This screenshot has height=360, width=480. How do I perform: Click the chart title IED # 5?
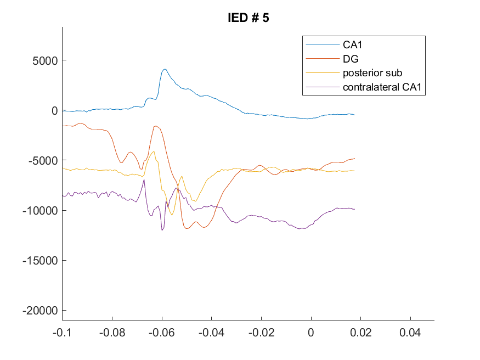[x=249, y=18]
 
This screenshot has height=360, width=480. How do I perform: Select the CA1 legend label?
[x=352, y=44]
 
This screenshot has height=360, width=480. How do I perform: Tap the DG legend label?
[x=351, y=59]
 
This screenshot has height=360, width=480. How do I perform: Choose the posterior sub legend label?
[x=372, y=73]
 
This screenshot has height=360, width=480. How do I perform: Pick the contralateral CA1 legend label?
[x=382, y=87]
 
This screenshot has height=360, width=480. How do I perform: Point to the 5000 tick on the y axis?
[x=45, y=60]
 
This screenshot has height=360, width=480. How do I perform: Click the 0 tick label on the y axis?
[x=54, y=110]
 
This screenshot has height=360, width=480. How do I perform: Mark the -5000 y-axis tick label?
[x=43, y=160]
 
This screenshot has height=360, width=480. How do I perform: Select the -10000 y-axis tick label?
[x=40, y=211]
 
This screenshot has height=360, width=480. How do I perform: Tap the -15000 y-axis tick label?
[x=40, y=261]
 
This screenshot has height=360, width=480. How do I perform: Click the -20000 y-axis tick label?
[x=40, y=311]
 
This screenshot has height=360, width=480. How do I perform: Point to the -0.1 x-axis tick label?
[x=62, y=333]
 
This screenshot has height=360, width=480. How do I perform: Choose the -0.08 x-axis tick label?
[x=112, y=333]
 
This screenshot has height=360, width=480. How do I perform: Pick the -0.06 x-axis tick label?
[x=162, y=333]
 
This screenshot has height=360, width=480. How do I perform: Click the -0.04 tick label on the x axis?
[x=212, y=333]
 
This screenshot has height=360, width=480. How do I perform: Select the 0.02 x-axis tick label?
[x=360, y=333]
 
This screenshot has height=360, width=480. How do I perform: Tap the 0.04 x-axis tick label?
[x=410, y=333]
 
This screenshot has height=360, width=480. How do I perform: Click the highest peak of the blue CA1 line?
[x=165, y=69]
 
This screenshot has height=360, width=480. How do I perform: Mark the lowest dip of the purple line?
[x=162, y=230]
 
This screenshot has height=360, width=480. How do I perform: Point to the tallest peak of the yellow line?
[x=154, y=151]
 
